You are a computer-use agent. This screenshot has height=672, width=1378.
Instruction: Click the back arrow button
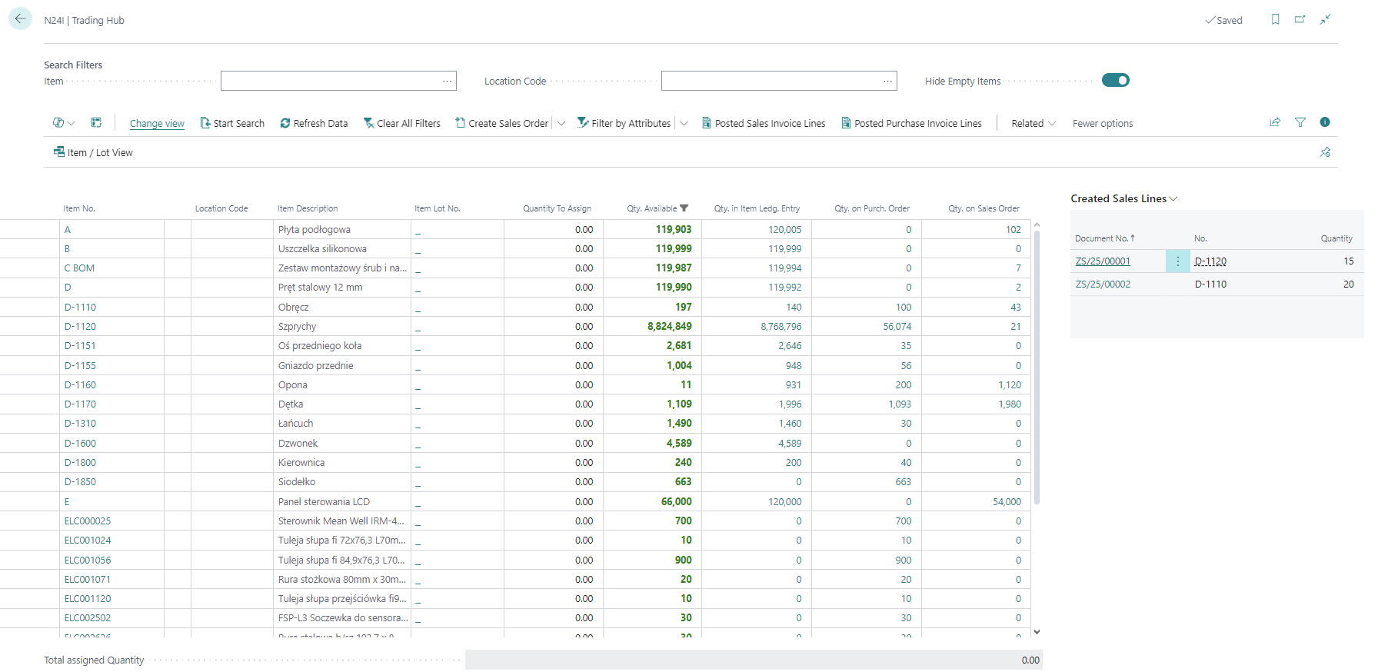point(20,18)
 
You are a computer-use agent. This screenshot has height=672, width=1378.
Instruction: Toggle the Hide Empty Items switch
point(1115,80)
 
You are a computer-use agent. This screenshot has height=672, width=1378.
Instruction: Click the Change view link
point(157,123)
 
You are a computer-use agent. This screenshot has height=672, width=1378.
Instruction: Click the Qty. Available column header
point(652,208)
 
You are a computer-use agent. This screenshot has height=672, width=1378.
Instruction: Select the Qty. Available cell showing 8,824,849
point(669,326)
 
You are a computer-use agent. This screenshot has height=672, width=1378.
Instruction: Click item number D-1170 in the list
point(80,404)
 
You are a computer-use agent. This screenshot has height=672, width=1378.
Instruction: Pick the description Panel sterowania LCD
point(324,501)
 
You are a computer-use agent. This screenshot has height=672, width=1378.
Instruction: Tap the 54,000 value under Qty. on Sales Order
point(1006,501)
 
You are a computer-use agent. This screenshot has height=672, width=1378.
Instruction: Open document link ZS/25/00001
point(1103,261)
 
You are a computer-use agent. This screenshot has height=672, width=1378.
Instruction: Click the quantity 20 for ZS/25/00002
point(1347,284)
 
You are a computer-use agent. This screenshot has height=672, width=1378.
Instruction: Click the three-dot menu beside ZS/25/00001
point(1177,261)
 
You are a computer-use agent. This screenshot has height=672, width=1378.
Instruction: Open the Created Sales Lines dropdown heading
point(1123,198)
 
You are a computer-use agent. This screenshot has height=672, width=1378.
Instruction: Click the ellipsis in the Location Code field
point(887,81)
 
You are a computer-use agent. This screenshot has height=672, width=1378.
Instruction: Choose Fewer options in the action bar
point(1102,123)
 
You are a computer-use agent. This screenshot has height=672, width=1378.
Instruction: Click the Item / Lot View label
point(100,152)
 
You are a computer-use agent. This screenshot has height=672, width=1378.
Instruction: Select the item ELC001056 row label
point(88,560)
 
